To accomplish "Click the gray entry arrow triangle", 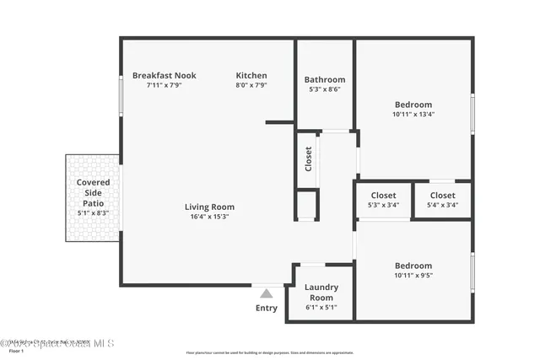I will pos(266,293).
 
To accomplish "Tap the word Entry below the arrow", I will pos(266,309).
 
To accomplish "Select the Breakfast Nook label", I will pos(164,75).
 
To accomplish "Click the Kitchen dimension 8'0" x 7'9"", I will pos(251,85).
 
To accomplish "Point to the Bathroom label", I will pos(324,79).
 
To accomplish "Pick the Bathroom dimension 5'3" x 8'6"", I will pos(324,89).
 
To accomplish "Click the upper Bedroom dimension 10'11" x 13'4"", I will pos(413,114).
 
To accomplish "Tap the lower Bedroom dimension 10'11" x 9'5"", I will pos(413,275).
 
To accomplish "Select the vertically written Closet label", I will pos(308,159).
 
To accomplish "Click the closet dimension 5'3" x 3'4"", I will pos(383,205).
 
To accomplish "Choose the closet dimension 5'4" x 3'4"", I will pos(442,205).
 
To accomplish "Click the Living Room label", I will pos(209,207).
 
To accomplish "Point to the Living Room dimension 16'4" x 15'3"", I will pos(209,217).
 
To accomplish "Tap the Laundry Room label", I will pos(321,292).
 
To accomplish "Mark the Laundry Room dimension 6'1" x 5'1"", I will pos(321,308).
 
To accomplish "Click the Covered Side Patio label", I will pos(93,192).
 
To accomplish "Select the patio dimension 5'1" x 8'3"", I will pos(93,213).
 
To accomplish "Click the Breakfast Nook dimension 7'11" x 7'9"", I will pos(164,85).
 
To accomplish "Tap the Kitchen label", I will pos(251,75).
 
